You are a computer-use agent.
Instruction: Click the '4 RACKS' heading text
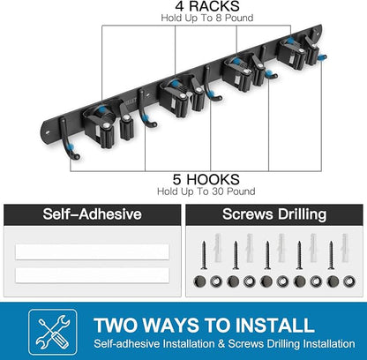pos(207,6)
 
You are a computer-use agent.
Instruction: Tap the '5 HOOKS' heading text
pos(206,179)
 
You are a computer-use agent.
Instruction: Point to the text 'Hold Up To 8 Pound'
pos(207,18)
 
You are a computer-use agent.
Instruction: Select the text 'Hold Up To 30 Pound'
pos(206,191)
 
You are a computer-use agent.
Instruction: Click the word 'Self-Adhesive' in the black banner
pos(92,214)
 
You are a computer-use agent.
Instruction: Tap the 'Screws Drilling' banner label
pos(274,214)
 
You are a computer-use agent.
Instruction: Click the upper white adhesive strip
pos(92,251)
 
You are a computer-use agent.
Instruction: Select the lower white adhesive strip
pos(92,275)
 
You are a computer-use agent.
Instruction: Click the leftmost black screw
pos(204,255)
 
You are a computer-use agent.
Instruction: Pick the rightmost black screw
pos(331,255)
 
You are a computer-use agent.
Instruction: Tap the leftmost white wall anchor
pos(218,248)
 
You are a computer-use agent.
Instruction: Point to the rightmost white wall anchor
pos(345,248)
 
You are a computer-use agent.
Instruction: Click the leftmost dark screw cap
pos(199,281)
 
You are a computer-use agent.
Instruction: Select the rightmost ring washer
pos(349,281)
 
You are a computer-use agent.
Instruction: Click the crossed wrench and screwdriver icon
pos(53,332)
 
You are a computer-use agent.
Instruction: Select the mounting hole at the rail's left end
pos(48,132)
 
